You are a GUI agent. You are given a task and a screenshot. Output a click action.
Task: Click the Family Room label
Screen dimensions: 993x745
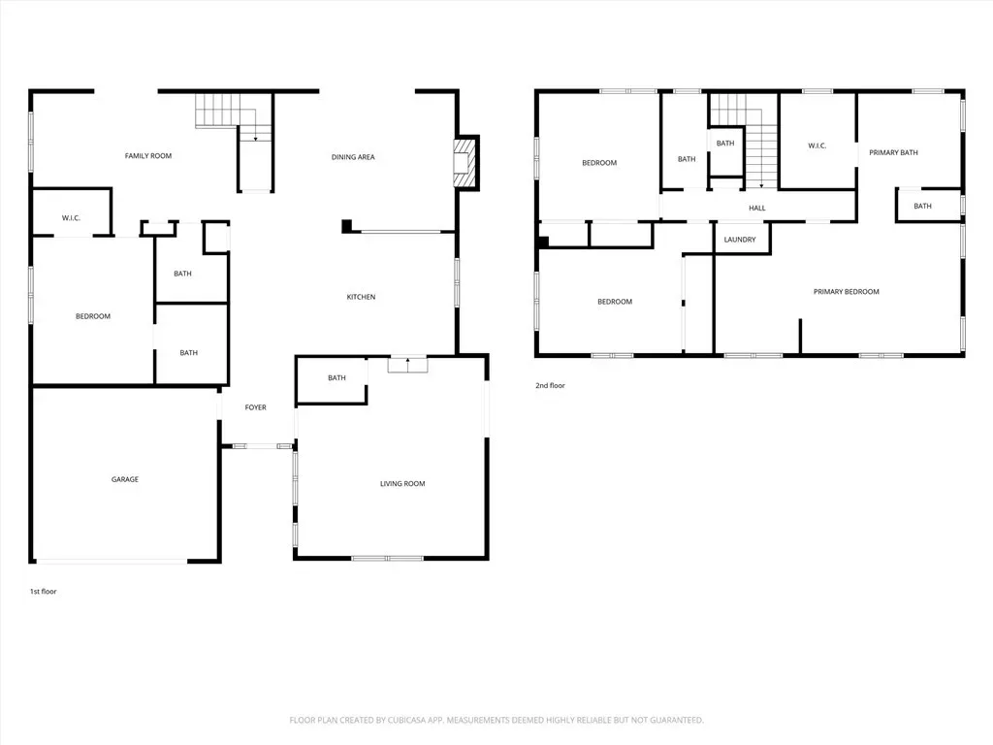pos(148,156)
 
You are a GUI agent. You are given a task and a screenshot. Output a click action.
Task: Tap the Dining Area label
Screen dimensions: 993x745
pos(353,157)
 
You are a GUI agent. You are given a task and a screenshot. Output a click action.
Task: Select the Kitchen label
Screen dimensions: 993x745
pos(361,297)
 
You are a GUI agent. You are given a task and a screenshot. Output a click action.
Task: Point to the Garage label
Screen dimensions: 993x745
pos(125,479)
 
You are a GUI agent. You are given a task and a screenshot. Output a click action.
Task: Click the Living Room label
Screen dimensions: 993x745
pos(402,484)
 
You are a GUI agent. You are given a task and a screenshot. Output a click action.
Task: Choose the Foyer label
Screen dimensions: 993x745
pos(256,408)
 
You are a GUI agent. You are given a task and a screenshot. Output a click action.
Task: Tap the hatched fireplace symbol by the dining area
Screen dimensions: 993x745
pos(464,163)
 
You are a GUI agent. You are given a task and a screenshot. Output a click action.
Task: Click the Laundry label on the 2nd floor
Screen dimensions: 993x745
pos(740,241)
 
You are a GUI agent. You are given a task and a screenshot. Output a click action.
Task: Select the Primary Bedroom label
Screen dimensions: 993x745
pos(846,292)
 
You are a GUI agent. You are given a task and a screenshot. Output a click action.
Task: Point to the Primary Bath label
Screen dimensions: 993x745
pos(893,152)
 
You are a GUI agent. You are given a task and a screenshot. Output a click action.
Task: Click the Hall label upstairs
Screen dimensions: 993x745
pos(756,208)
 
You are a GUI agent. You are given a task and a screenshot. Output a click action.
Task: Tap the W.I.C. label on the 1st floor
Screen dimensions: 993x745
pos(71,218)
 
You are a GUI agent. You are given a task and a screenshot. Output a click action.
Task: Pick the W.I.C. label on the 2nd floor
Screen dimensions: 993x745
pos(817,146)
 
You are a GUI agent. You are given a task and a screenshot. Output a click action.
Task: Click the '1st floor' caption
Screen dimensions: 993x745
pos(43,592)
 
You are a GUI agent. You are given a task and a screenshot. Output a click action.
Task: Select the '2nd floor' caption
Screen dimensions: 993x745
pos(551,386)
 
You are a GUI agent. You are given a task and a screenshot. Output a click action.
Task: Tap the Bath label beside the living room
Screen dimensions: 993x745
pos(336,378)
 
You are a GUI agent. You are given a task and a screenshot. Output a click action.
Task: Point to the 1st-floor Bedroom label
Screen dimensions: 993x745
pos(93,317)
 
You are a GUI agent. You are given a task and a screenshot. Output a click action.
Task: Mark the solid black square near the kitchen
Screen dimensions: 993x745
pos(346,225)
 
